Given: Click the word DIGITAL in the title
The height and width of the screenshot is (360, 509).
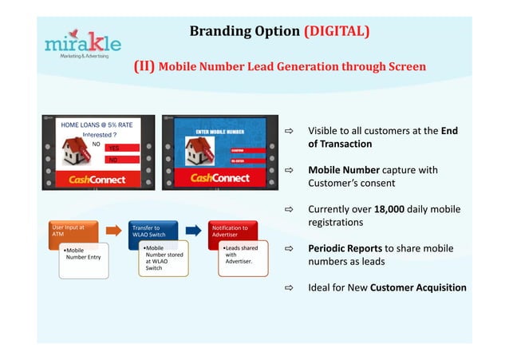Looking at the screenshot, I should click(x=336, y=31).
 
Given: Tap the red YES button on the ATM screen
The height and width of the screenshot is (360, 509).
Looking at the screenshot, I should click(x=124, y=148).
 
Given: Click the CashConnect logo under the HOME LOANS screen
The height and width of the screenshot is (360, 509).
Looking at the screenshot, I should click(x=97, y=179).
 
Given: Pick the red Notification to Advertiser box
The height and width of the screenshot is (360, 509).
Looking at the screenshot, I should click(x=231, y=231).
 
